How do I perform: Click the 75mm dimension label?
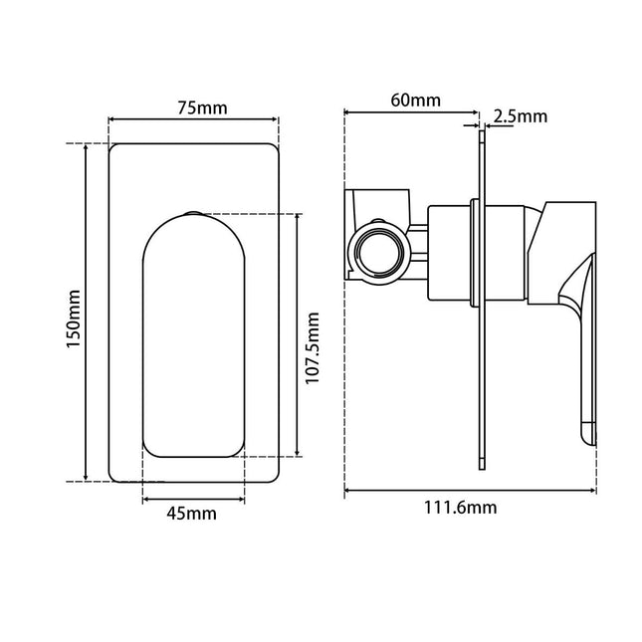click(x=202, y=107)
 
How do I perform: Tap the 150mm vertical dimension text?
click(x=74, y=319)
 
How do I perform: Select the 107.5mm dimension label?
click(x=313, y=347)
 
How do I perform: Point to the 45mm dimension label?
click(x=192, y=513)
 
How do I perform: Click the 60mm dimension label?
click(x=416, y=100)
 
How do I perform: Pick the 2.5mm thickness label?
click(x=520, y=116)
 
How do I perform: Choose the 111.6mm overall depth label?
click(x=460, y=508)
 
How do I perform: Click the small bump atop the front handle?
click(x=193, y=213)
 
